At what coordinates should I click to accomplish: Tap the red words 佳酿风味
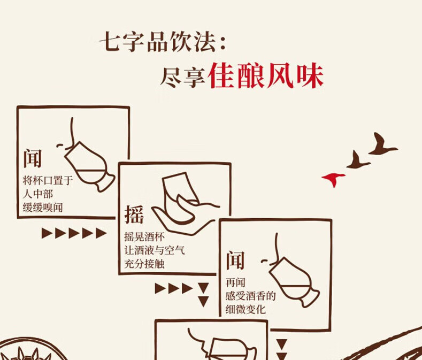coord(266,76)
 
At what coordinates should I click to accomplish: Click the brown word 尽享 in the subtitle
coord(182,78)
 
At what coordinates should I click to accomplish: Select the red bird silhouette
coord(333,178)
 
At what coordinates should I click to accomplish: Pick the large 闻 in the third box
coord(235,260)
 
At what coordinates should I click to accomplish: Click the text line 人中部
coord(39,194)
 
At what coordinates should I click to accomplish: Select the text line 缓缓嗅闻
coord(43,208)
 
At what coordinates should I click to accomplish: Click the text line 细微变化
coord(245,309)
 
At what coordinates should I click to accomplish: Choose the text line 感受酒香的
coord(250,296)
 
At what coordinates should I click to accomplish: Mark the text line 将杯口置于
coord(48,181)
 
